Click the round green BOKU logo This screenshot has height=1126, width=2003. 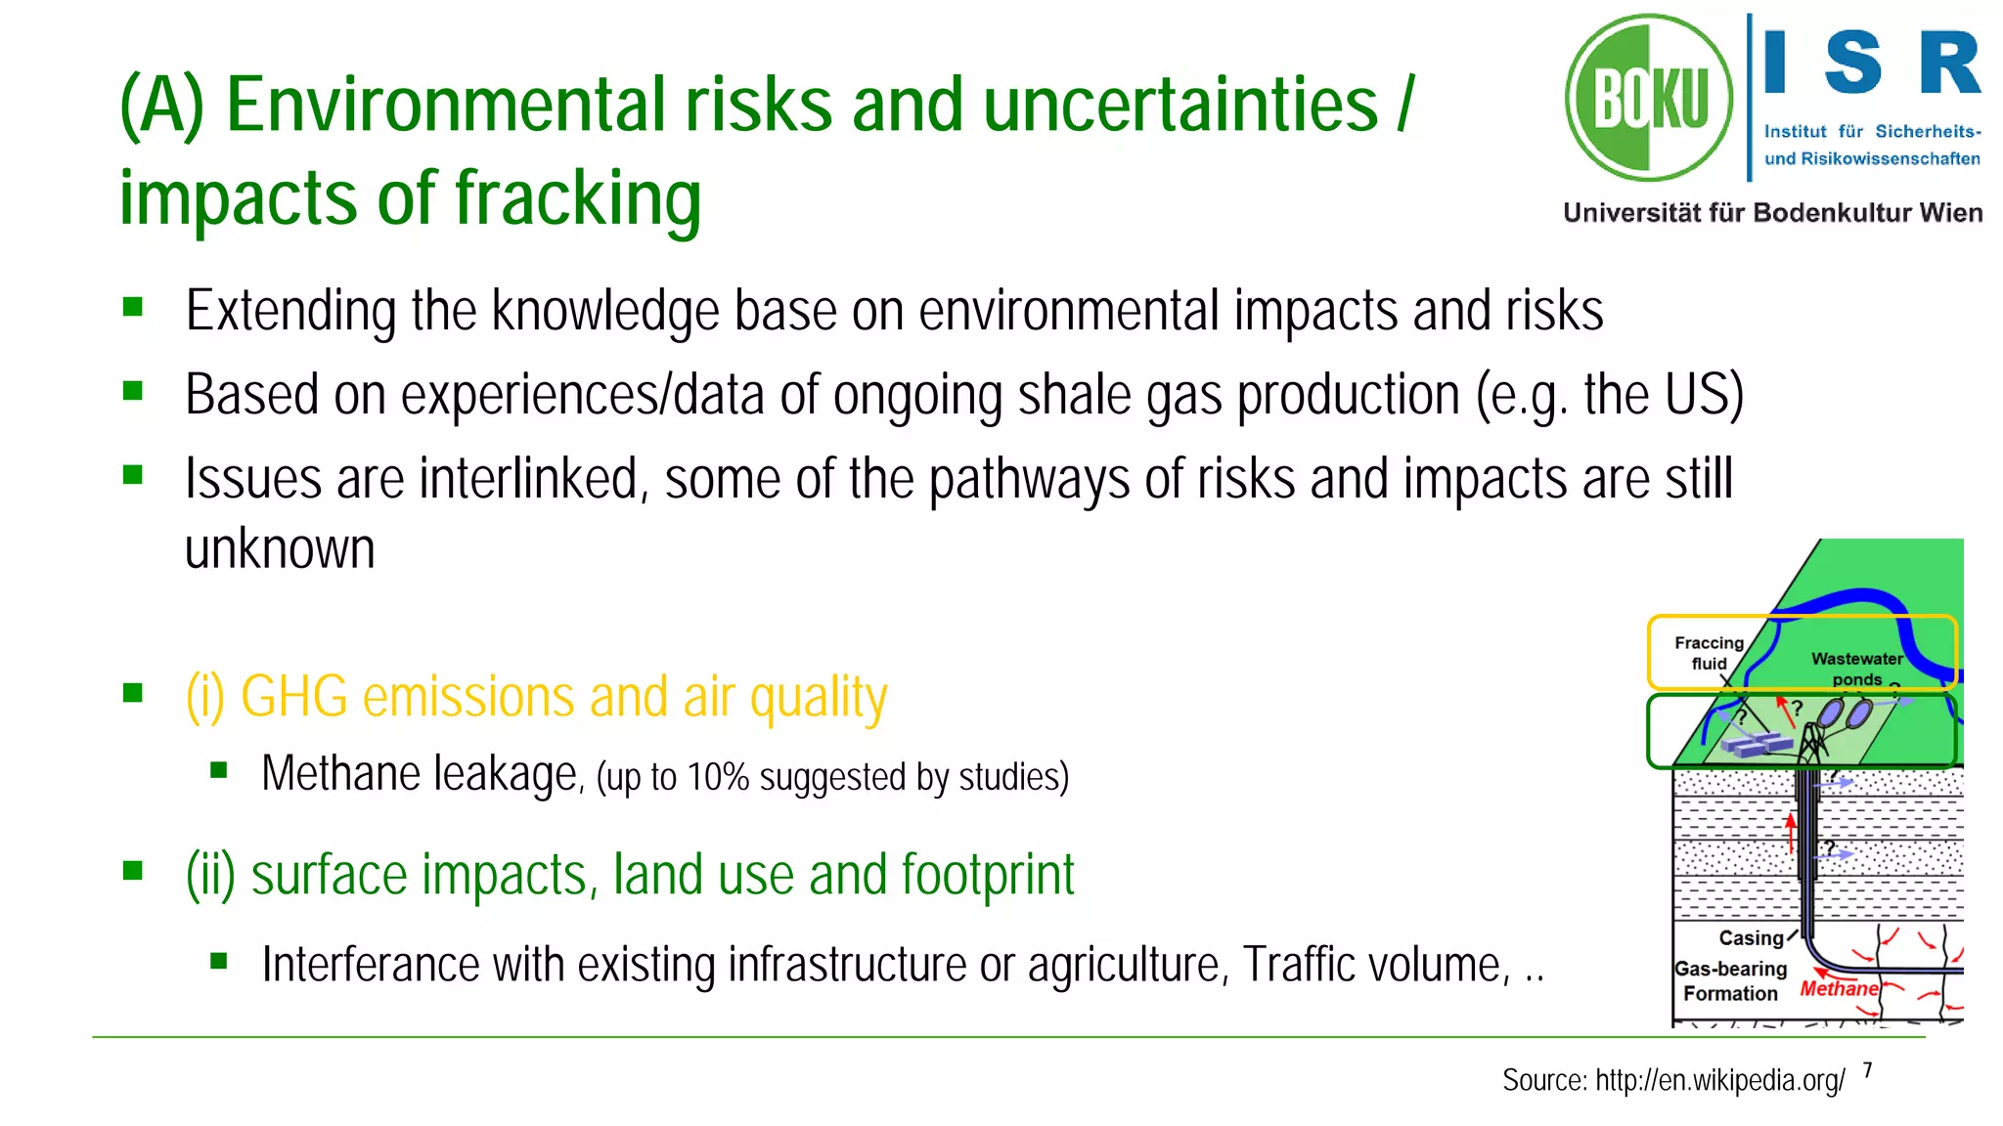point(1649,98)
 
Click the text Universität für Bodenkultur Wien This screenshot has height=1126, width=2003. point(1772,213)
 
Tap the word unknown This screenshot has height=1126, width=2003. point(280,549)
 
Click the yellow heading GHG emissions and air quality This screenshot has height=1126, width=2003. point(536,697)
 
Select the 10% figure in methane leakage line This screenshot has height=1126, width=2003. point(717,778)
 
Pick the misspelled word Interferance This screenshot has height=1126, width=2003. point(371,965)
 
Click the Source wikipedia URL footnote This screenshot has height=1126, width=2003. point(1673,1080)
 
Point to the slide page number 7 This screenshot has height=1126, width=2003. point(1867,1070)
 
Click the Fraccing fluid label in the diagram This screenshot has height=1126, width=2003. point(1709,653)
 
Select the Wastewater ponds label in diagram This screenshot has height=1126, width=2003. point(1856,669)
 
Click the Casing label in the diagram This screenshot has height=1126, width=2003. point(1751,938)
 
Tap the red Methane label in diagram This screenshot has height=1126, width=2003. point(1839,988)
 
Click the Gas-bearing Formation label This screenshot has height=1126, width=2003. point(1730,981)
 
